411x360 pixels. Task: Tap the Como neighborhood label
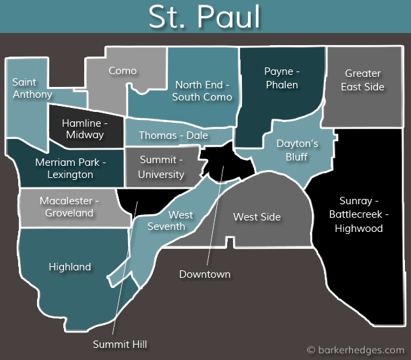[x=123, y=71]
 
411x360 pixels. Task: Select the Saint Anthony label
[x=31, y=88]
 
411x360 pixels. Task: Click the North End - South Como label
[x=202, y=91]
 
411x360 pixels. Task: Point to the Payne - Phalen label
[x=282, y=78]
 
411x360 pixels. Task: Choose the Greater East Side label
[x=362, y=80]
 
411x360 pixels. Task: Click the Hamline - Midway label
[x=85, y=129]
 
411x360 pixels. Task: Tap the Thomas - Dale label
[x=173, y=136]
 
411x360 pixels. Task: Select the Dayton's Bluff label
[x=297, y=150]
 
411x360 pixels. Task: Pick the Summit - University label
[x=161, y=167]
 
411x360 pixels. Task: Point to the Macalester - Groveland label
[x=69, y=207]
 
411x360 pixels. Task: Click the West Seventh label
[x=180, y=220]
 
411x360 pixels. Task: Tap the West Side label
[x=257, y=217]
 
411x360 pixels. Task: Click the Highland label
[x=69, y=267]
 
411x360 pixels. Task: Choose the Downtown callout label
[x=205, y=274]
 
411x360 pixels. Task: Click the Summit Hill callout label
[x=120, y=344]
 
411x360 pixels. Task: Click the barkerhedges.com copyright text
[x=355, y=350]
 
